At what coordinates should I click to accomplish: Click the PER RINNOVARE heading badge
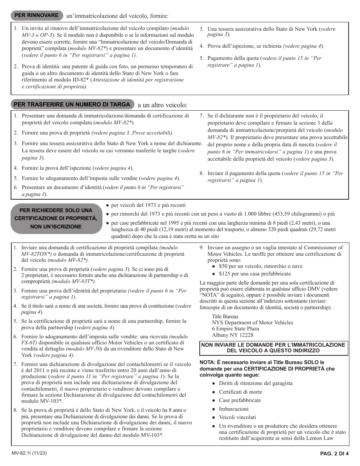(36, 16)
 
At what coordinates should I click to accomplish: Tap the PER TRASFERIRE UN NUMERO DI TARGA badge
(72, 105)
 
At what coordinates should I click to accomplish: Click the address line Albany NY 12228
(232, 335)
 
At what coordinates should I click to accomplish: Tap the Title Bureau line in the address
(225, 316)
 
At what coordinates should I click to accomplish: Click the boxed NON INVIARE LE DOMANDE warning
(273, 348)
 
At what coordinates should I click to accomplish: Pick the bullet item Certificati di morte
(240, 392)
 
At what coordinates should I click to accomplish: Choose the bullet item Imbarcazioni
(233, 409)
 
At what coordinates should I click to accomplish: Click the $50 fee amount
(223, 266)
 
